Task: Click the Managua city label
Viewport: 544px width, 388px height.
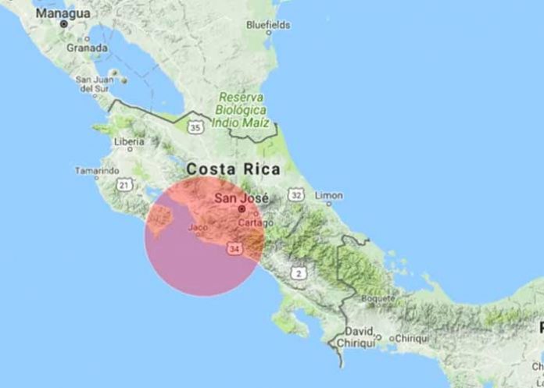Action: tap(63, 13)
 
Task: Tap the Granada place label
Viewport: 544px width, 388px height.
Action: tap(86, 48)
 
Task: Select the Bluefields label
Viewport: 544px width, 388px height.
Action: tap(268, 25)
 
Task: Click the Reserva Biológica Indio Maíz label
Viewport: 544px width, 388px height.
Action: tap(244, 109)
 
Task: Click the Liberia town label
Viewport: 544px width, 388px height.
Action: tap(129, 142)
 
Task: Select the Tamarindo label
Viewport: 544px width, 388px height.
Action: tap(97, 170)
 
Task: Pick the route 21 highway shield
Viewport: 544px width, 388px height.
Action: tap(123, 184)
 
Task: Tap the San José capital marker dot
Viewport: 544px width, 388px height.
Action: tap(242, 209)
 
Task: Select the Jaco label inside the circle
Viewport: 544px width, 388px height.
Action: tap(199, 228)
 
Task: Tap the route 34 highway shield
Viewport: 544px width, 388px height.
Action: tap(234, 247)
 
